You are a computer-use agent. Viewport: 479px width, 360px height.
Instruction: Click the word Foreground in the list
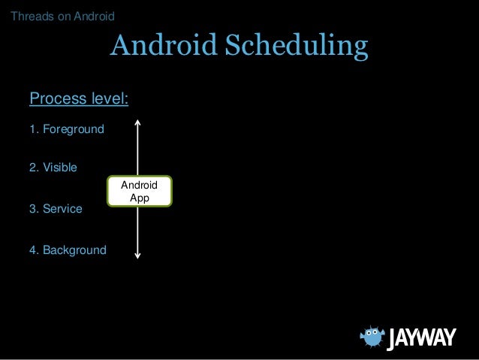[73, 130]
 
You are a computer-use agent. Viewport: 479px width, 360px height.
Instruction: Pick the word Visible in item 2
[59, 168]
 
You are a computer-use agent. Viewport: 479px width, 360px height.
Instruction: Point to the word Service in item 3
[62, 209]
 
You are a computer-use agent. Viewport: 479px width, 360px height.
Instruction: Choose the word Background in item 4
[74, 250]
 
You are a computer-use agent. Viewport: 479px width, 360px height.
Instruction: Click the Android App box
[139, 191]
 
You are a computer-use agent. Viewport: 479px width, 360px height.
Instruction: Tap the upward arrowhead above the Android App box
[139, 120]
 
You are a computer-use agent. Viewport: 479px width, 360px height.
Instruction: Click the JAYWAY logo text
[421, 339]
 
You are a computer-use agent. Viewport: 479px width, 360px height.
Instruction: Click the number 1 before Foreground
[32, 130]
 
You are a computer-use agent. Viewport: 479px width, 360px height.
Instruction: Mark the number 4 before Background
[32, 250]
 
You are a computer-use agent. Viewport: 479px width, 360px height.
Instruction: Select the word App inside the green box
[139, 198]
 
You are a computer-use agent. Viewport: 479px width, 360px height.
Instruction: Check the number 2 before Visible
[32, 168]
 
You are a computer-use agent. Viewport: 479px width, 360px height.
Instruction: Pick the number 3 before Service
[32, 209]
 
